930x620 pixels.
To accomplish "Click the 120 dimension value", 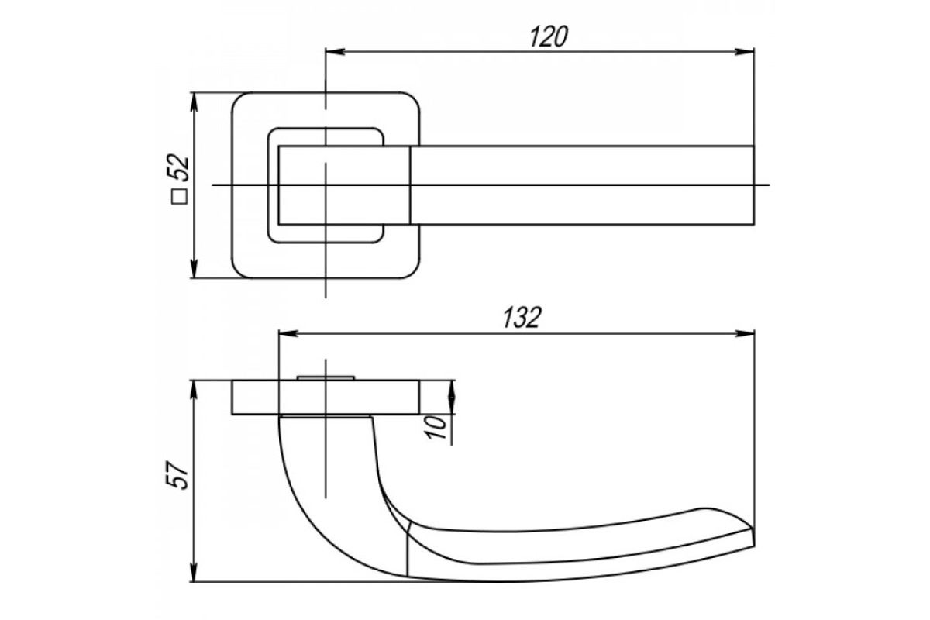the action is [x=549, y=36].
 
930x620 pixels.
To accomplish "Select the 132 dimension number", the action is [x=522, y=318].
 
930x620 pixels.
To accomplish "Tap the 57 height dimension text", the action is [x=178, y=474].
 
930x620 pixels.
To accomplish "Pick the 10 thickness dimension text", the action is [x=436, y=427].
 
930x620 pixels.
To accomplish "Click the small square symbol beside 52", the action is [x=179, y=196].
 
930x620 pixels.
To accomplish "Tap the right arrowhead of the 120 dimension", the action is [x=745, y=52].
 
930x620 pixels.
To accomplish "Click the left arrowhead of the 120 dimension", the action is [x=335, y=52].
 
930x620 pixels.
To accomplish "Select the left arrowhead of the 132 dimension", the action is [x=288, y=333].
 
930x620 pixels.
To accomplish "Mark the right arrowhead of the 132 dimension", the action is [x=745, y=333].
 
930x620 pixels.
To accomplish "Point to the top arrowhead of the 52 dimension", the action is [x=194, y=102].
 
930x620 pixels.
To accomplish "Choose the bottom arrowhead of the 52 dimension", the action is [x=194, y=268].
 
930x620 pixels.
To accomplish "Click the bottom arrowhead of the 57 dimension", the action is [x=194, y=572].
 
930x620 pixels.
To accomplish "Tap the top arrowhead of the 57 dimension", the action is [x=194, y=390].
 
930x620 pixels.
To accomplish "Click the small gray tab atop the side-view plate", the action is [x=326, y=377].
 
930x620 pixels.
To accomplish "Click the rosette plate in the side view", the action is [x=325, y=397].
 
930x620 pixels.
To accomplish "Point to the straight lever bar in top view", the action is [x=581, y=185].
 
